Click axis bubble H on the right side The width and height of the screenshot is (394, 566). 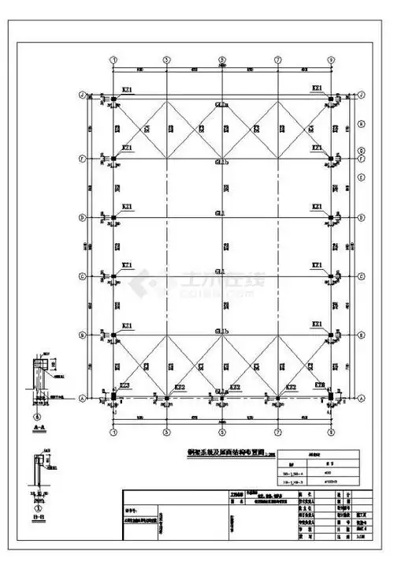(360, 123)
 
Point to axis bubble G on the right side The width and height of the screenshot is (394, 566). (360, 150)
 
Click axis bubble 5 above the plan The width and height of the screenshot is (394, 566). (221, 59)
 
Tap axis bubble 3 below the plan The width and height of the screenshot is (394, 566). (166, 433)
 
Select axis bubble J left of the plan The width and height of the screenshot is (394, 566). (82, 95)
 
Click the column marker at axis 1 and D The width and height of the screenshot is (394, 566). (113, 218)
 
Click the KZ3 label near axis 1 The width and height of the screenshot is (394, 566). (124, 386)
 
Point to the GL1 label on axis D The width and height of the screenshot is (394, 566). (221, 213)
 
